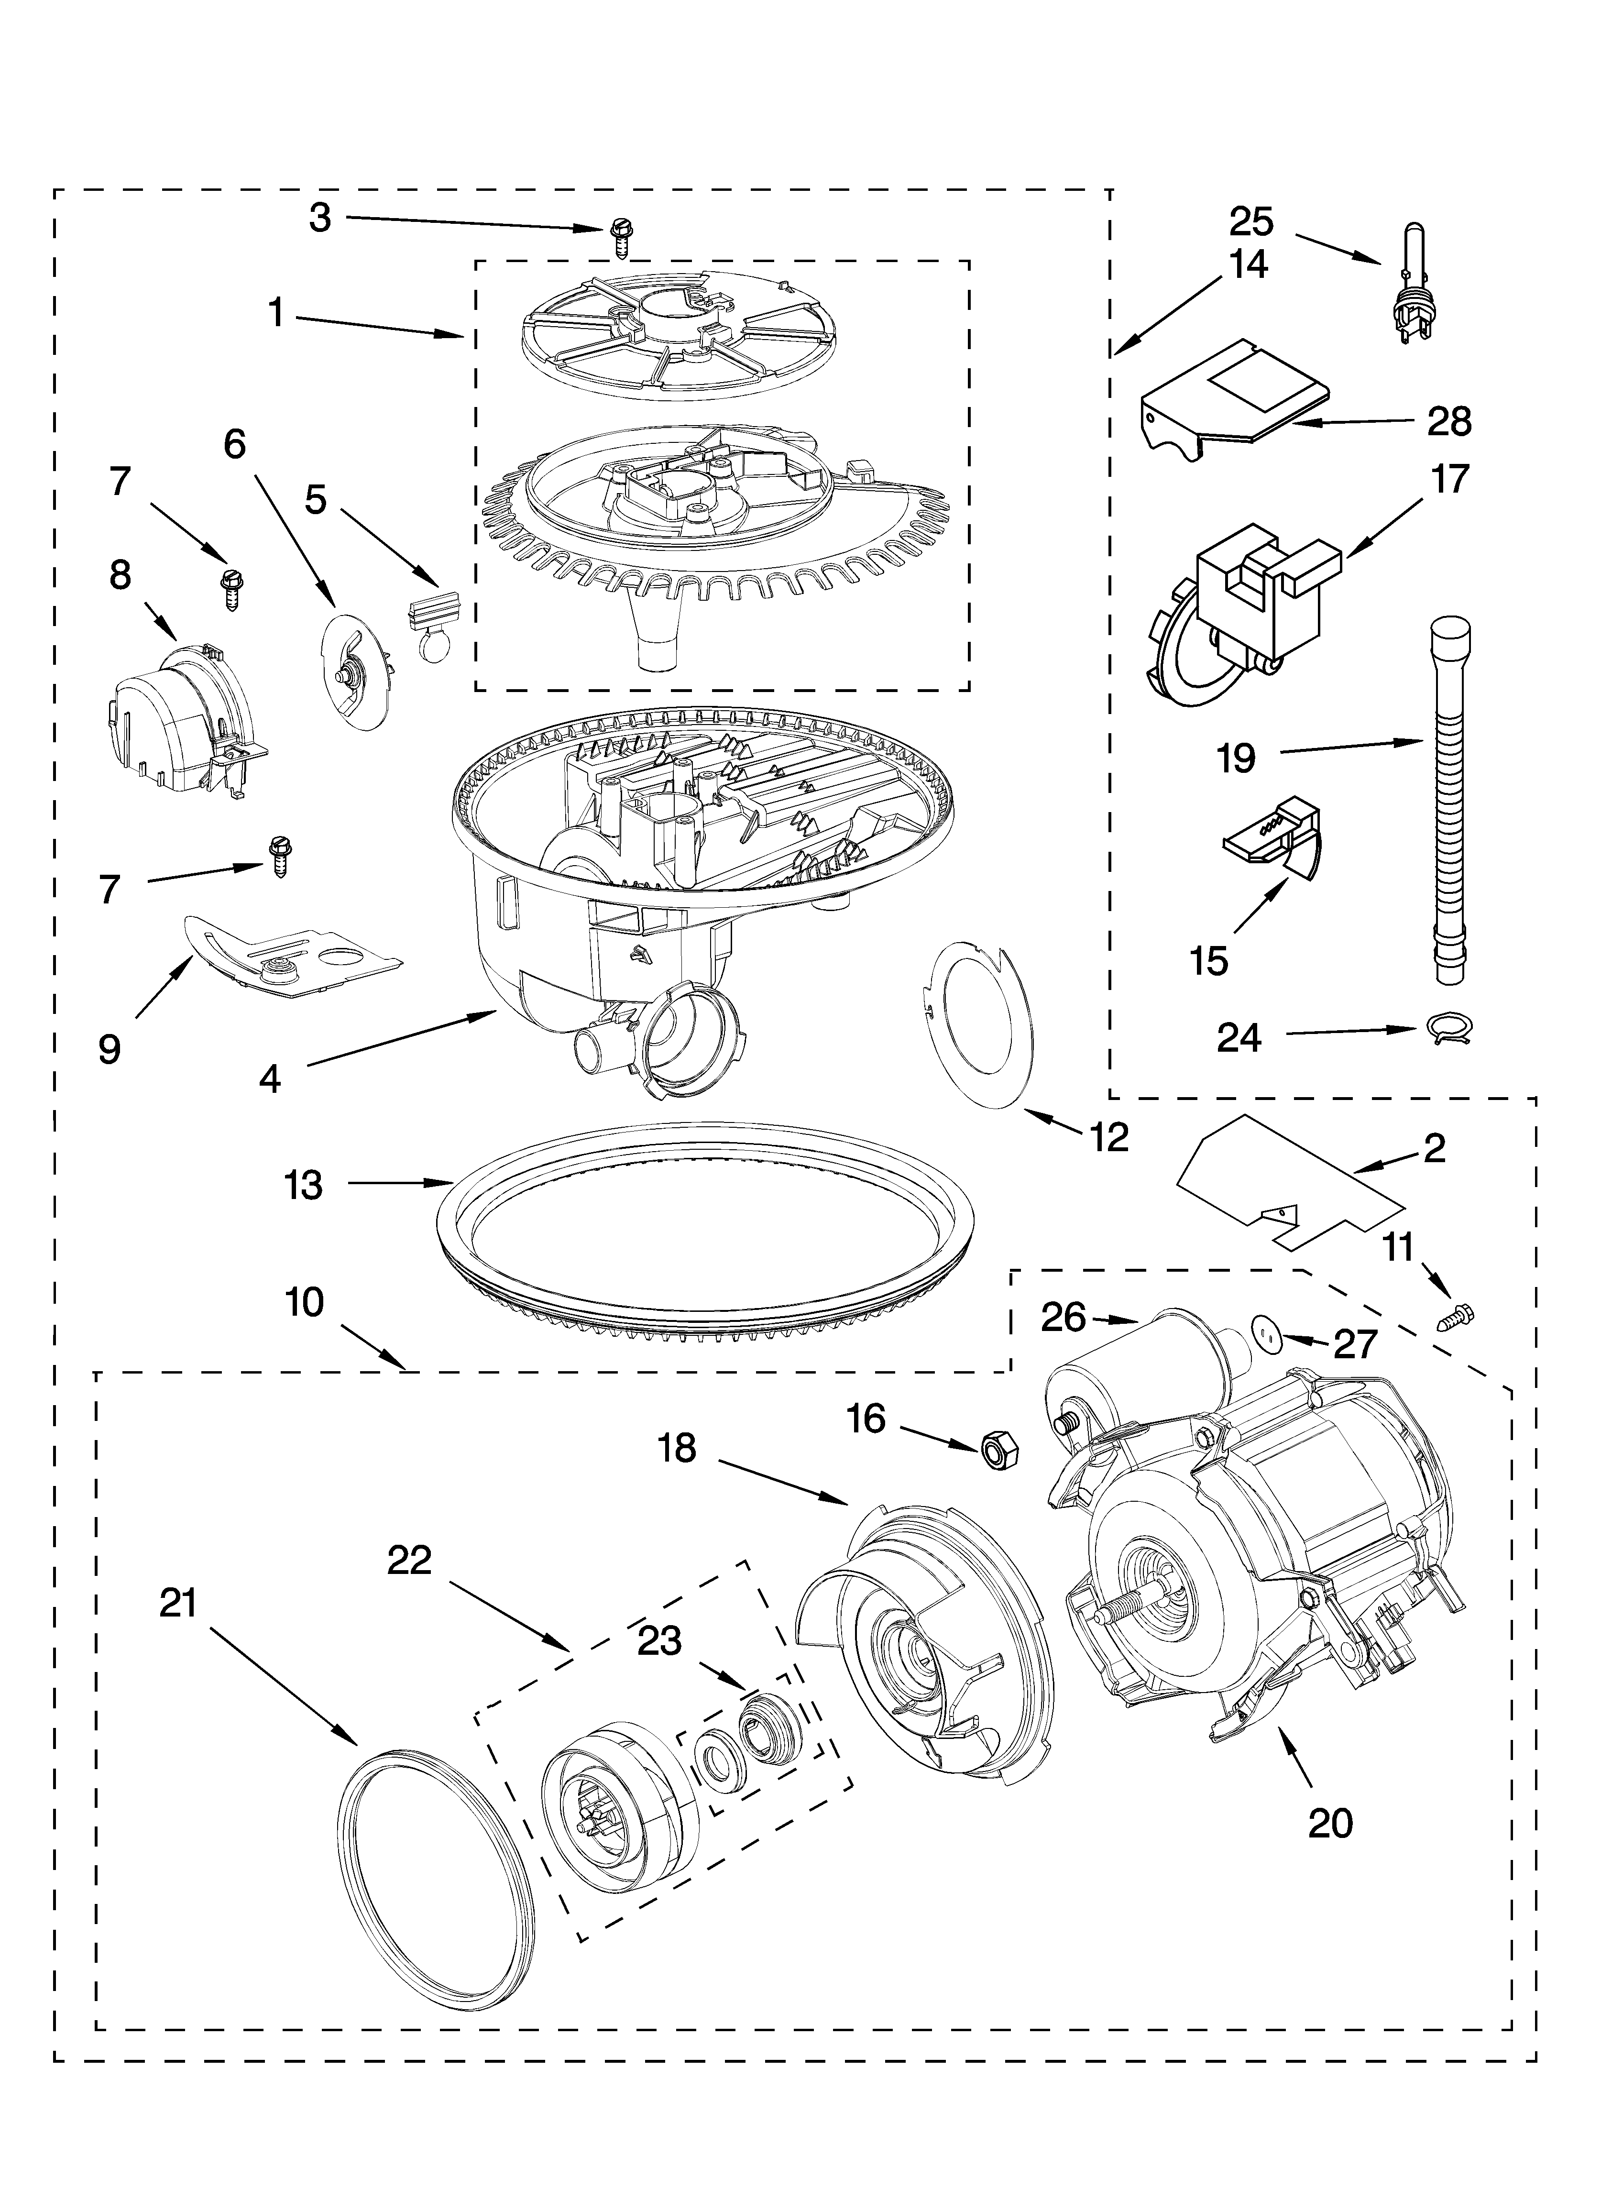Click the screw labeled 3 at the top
(x=619, y=237)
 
